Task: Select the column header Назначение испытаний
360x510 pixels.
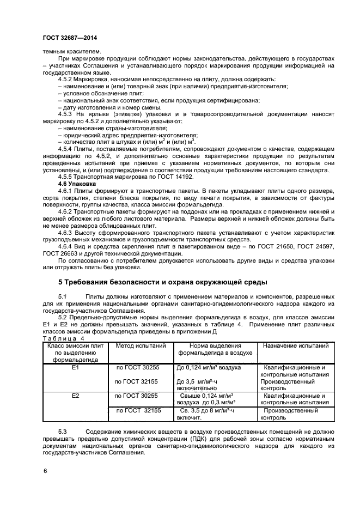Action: tap(294, 345)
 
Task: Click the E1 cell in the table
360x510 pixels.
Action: tap(76, 368)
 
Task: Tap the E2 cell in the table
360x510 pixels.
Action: tap(76, 396)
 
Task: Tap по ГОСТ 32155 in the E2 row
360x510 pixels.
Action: tap(141, 410)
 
